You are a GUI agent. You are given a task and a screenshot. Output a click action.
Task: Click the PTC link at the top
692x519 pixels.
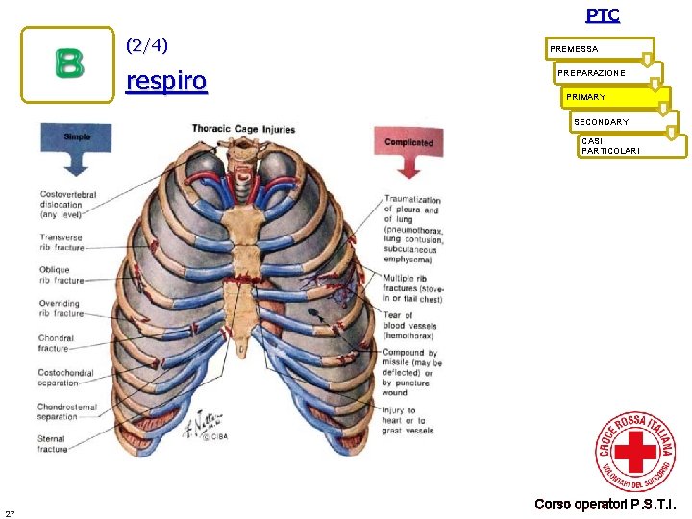pyautogui.click(x=603, y=15)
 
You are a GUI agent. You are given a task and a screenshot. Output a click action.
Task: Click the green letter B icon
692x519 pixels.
pyautogui.click(x=68, y=63)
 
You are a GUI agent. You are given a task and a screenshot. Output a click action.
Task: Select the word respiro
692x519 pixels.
pyautogui.click(x=166, y=82)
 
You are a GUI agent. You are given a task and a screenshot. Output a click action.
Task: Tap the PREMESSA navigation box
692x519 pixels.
pyautogui.click(x=599, y=49)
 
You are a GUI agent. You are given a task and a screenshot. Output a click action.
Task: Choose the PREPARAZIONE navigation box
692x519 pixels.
pyautogui.click(x=608, y=73)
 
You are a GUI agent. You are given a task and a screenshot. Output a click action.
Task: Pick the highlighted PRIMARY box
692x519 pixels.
pyautogui.click(x=616, y=97)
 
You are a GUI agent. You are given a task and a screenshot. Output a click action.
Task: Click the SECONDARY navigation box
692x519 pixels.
pyautogui.click(x=624, y=122)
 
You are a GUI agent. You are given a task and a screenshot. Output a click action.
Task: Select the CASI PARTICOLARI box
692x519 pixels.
pyautogui.click(x=631, y=145)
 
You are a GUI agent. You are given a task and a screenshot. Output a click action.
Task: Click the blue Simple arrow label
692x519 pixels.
pyautogui.click(x=77, y=137)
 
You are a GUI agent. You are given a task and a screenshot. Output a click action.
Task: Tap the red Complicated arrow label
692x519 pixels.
pyautogui.click(x=408, y=143)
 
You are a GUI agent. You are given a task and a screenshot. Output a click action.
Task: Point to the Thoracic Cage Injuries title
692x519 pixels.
pyautogui.click(x=243, y=129)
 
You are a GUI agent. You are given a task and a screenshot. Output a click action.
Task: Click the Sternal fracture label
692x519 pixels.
pyautogui.click(x=54, y=443)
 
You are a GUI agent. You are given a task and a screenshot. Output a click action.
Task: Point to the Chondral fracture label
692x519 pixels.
pyautogui.click(x=55, y=343)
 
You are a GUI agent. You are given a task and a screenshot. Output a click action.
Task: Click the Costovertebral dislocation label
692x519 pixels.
pyautogui.click(x=67, y=205)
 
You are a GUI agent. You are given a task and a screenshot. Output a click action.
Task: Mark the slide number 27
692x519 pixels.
pyautogui.click(x=9, y=511)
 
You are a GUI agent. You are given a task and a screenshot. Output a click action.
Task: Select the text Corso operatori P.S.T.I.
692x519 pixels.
pyautogui.click(x=605, y=505)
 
